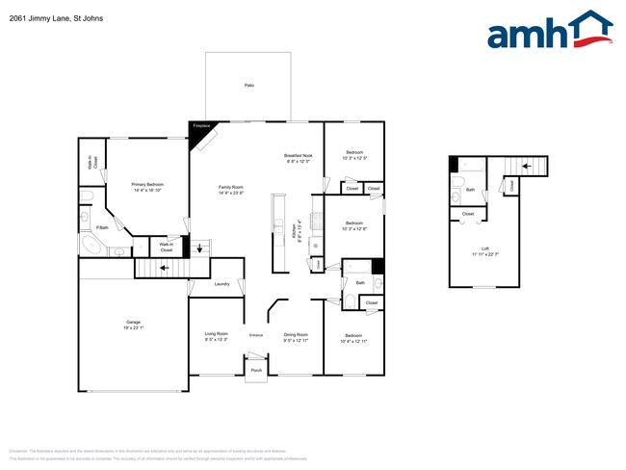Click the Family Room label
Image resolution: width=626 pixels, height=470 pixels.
tap(231, 188)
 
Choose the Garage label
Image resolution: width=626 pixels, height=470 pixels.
tap(134, 323)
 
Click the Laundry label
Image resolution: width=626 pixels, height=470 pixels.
tap(222, 284)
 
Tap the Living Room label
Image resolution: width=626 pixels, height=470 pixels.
tap(217, 335)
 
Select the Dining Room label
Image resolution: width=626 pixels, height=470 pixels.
tap(296, 335)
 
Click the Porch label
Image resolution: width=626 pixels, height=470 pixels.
tap(256, 370)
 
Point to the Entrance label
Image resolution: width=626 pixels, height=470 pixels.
tap(256, 334)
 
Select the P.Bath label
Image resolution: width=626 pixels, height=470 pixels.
tap(101, 227)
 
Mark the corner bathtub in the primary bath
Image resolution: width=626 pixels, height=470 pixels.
tap(90, 245)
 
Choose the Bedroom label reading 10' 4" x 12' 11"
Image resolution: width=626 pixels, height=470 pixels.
tap(353, 339)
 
